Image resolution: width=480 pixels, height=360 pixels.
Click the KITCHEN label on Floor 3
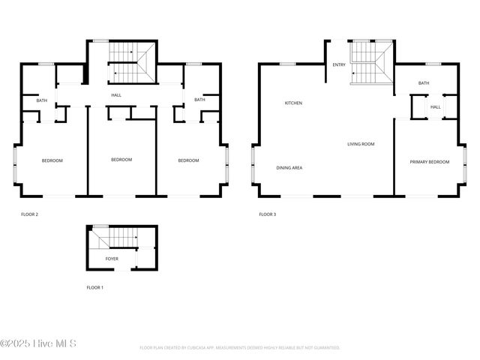pyautogui.click(x=293, y=103)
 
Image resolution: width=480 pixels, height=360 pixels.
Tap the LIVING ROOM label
pyautogui.click(x=360, y=144)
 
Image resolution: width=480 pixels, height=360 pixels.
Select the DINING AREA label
pyautogui.click(x=289, y=168)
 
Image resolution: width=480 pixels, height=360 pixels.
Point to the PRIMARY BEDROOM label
pyautogui.click(x=429, y=162)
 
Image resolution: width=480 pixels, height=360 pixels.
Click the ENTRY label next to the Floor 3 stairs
pyautogui.click(x=339, y=65)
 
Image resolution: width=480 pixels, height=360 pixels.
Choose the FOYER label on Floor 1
pyautogui.click(x=112, y=259)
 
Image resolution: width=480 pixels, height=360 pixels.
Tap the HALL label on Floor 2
pyautogui.click(x=116, y=95)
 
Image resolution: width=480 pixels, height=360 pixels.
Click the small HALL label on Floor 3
pyautogui.click(x=435, y=107)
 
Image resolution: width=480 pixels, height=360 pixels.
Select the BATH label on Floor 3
pyautogui.click(x=424, y=83)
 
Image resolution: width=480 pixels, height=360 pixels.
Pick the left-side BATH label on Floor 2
pyautogui.click(x=42, y=100)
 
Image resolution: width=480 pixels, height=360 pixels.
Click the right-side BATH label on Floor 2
pyautogui.click(x=199, y=100)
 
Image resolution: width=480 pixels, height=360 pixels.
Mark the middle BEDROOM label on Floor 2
pyautogui.click(x=121, y=160)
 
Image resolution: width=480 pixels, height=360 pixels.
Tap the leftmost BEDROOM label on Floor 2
pyautogui.click(x=52, y=160)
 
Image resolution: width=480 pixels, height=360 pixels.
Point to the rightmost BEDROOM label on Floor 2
pyautogui.click(x=188, y=160)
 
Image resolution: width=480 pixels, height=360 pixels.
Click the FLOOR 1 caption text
pyautogui.click(x=95, y=287)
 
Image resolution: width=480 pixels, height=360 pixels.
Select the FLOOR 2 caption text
pyautogui.click(x=30, y=214)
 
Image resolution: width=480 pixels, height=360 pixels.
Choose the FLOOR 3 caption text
pyautogui.click(x=268, y=214)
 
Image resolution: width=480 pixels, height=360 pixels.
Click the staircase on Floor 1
pyautogui.click(x=112, y=238)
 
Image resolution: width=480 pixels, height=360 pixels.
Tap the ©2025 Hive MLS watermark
pyautogui.click(x=38, y=344)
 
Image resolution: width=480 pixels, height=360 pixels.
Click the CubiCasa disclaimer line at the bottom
pyautogui.click(x=240, y=348)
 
